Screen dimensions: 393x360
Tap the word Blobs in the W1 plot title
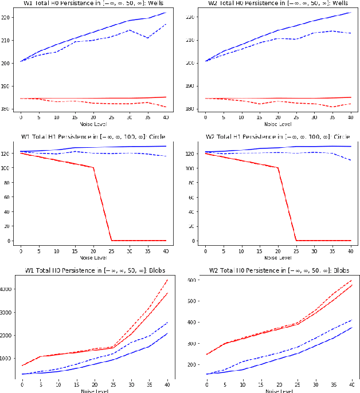155,269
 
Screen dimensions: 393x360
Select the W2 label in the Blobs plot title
214,269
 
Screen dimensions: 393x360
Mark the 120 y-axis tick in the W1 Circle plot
11,153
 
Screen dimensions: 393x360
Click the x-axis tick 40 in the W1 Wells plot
166,117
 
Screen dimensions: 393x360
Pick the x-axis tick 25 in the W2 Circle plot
296,250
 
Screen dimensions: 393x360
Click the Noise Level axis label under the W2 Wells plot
277,124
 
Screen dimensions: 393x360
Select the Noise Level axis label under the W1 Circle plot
93,257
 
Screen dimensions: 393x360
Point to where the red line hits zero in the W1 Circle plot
111,240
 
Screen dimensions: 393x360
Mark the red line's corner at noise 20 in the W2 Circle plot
277,168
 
